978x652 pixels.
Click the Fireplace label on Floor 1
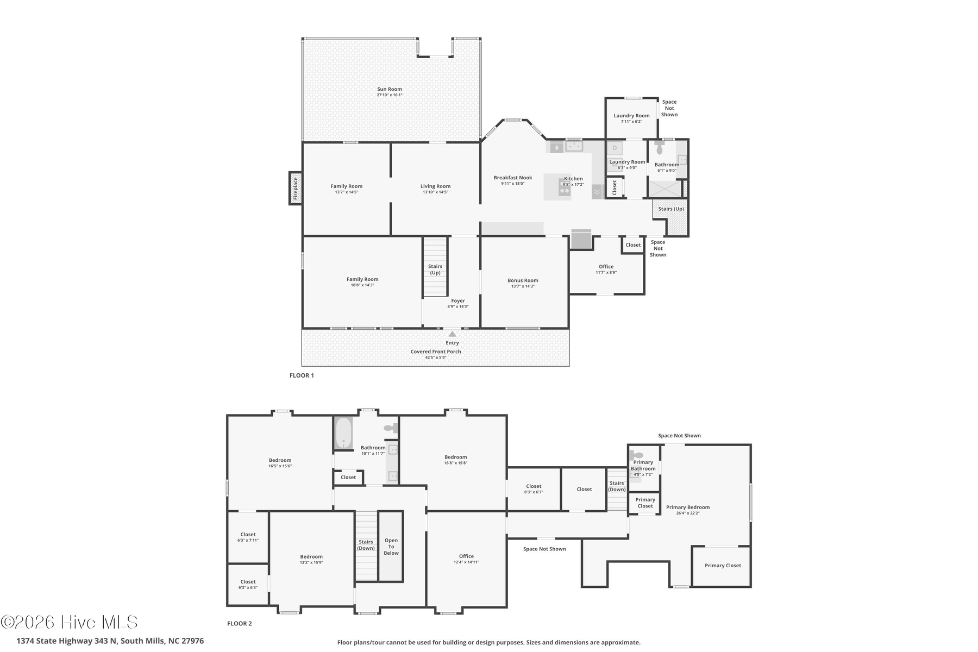coord(296,189)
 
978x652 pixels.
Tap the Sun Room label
coord(390,89)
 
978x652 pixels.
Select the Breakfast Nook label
coord(513,178)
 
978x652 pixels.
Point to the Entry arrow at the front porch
coord(452,334)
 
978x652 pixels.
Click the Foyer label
coord(458,300)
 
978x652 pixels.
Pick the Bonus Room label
coord(523,280)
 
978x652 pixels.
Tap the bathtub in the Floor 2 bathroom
coord(343,434)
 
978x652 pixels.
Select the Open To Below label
coord(391,547)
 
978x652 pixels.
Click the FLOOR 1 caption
coord(302,375)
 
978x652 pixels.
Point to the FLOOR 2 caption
coord(240,624)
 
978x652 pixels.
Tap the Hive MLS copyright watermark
coord(69,623)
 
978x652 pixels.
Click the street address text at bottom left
coord(110,641)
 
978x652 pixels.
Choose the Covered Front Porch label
coord(436,352)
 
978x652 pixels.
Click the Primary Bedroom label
coord(688,507)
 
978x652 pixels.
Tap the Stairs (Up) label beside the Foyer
coord(435,269)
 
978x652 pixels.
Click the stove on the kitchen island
coord(565,187)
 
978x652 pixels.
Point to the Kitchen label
coord(573,179)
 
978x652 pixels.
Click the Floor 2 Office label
coord(466,556)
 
